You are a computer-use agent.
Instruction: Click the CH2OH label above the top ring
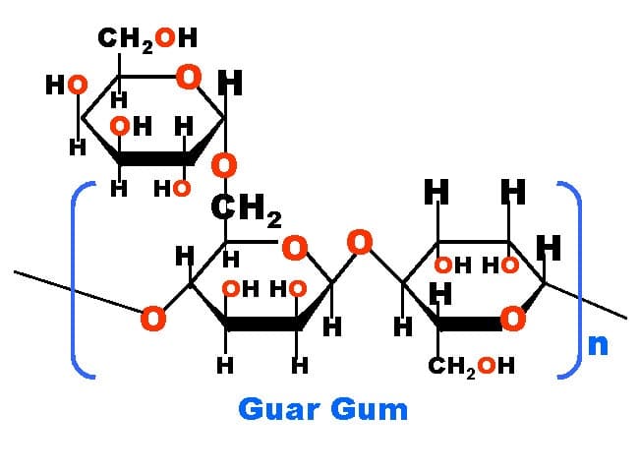[x=147, y=39]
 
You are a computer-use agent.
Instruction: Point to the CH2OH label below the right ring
[x=473, y=369]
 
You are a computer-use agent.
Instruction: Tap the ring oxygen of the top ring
[x=190, y=76]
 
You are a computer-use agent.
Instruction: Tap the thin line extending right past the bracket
[x=605, y=308]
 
